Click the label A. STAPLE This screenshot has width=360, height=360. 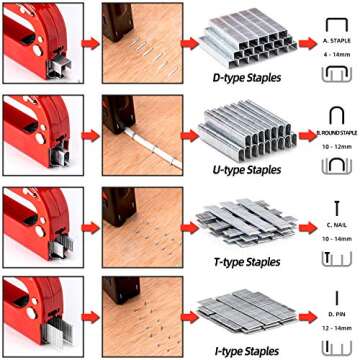point(335,41)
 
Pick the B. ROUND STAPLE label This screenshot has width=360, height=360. point(334,131)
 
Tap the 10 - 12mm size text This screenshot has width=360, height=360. point(335,143)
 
